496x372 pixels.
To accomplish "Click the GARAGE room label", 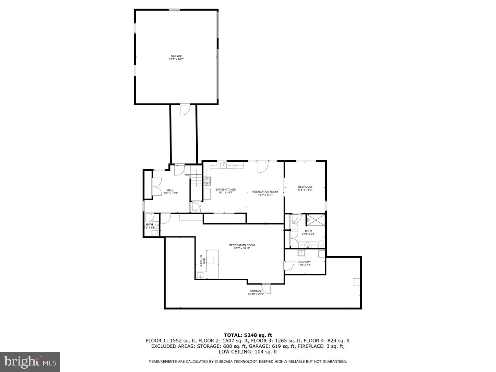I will pos(176,56).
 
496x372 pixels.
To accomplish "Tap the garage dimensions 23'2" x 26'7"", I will pos(176,60).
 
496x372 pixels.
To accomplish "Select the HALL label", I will pos(170,190).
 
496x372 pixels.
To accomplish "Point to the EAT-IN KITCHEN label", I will pos(226,190).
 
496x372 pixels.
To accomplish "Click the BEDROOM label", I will pos(305,187).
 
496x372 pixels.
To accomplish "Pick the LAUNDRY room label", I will pos(304,262).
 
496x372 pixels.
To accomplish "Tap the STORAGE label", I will pos(256,291).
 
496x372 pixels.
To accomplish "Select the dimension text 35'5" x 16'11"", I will pos(242,249).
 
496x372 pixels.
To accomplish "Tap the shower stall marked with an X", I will pos(315,220).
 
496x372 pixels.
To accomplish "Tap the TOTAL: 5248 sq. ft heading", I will pos(248,335).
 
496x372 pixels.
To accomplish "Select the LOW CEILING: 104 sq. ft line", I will pos(248,352).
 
